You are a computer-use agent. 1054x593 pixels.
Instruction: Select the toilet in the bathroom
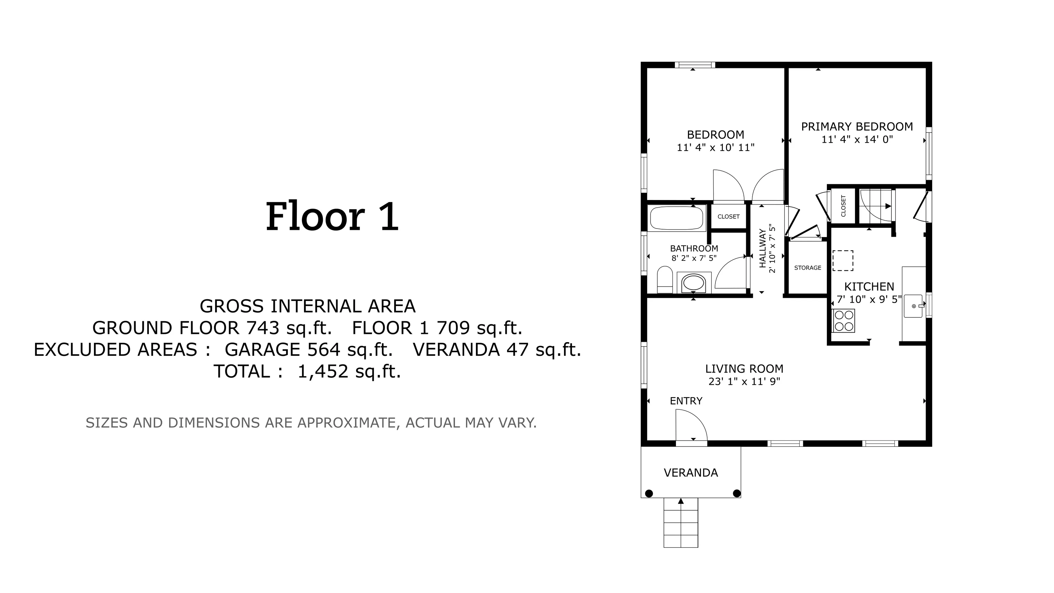665,280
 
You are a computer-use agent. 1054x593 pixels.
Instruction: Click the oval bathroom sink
694,283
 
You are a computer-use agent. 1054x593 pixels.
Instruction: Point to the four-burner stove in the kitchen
844,321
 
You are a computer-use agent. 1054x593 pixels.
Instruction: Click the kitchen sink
913,306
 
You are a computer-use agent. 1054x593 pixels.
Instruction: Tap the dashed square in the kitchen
843,261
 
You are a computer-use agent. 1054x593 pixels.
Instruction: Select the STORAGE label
808,268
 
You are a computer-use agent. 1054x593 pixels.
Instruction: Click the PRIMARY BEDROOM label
857,126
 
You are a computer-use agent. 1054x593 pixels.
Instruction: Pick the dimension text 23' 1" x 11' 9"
745,381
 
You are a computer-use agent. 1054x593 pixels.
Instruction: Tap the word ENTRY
686,401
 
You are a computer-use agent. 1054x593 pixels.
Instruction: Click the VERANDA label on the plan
691,473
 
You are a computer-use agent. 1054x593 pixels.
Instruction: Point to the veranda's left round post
649,493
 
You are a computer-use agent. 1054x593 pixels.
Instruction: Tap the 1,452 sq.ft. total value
349,372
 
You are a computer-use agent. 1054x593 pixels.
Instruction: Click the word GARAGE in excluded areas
262,349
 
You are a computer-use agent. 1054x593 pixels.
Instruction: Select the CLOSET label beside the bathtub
729,217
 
